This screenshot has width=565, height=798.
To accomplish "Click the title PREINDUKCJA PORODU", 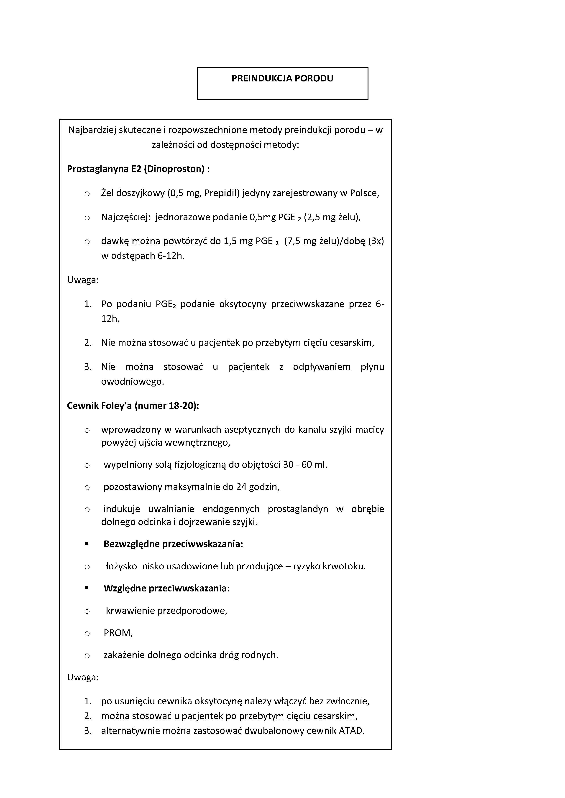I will (282, 78).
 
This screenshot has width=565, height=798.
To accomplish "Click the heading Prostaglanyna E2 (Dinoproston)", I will (138, 169).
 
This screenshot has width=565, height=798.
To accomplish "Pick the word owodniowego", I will (132, 382).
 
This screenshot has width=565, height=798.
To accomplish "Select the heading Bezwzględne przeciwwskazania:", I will (173, 544).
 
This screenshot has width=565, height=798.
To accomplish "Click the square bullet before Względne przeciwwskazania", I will (87, 588).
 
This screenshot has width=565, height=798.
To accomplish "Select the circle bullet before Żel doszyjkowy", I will (87, 194).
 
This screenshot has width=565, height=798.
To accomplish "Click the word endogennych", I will (231, 509).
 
